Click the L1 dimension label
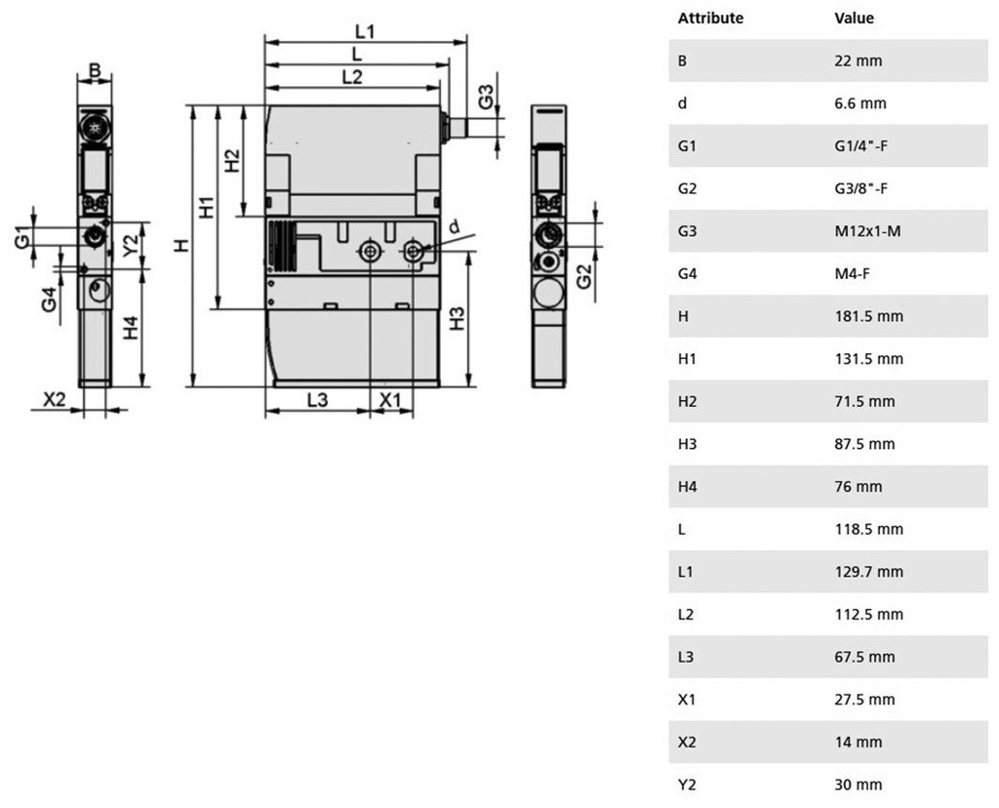click(365, 31)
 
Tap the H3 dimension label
click(457, 318)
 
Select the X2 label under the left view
click(55, 399)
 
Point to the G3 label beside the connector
click(486, 97)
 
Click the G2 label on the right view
click(583, 276)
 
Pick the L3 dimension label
click(317, 399)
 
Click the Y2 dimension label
click(131, 245)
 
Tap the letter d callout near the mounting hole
click(455, 226)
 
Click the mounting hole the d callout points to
click(414, 251)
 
